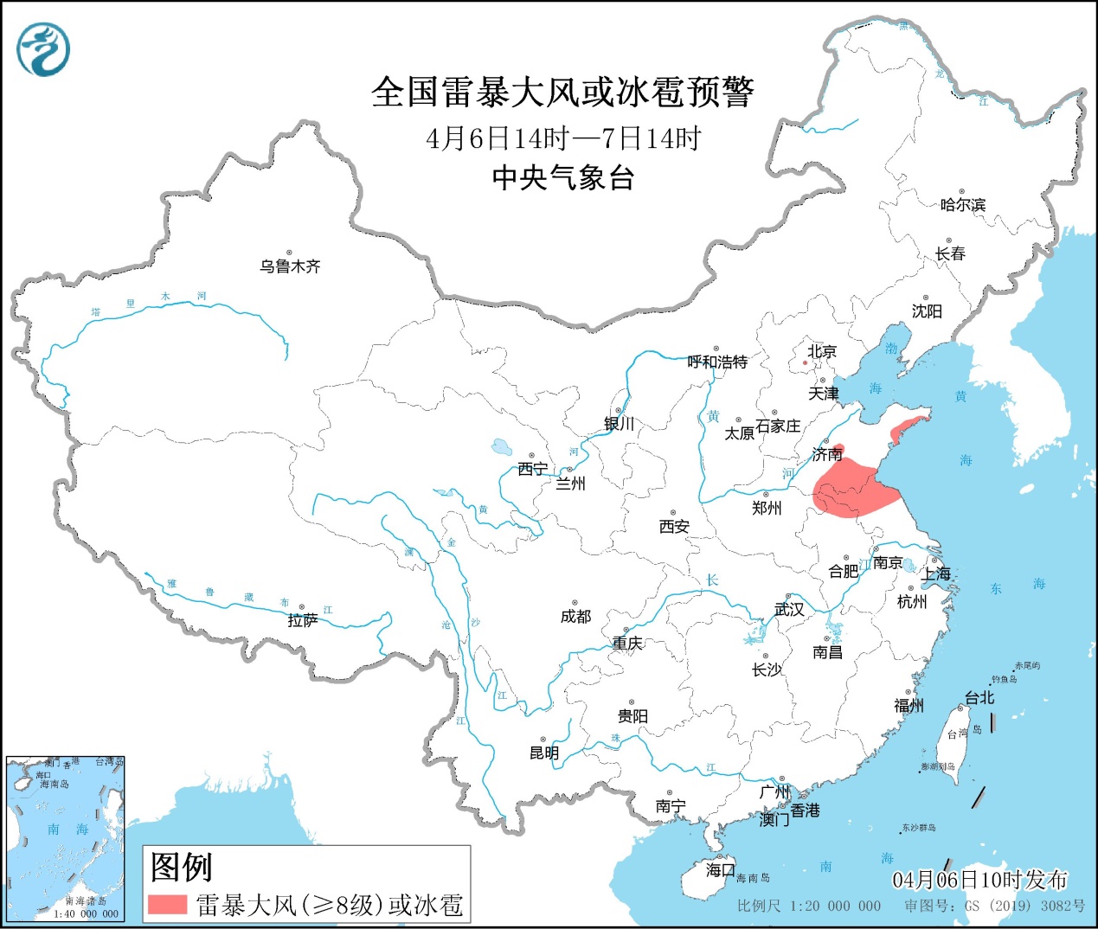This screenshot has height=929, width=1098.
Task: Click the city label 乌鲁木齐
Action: pyautogui.click(x=290, y=266)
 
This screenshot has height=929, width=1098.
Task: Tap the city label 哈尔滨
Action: pyautogui.click(x=962, y=205)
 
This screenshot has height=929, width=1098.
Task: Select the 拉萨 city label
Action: pyautogui.click(x=302, y=620)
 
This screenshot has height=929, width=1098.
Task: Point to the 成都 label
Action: pyautogui.click(x=575, y=616)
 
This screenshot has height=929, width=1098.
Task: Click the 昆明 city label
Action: pyautogui.click(x=544, y=753)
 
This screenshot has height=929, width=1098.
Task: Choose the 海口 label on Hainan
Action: pyautogui.click(x=719, y=869)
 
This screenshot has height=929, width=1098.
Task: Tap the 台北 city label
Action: pyautogui.click(x=979, y=697)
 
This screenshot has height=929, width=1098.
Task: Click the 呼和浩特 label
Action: pyautogui.click(x=716, y=362)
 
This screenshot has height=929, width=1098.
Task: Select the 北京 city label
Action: pyautogui.click(x=821, y=351)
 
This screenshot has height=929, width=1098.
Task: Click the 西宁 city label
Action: pyautogui.click(x=532, y=469)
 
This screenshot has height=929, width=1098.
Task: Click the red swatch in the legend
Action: pyautogui.click(x=167, y=904)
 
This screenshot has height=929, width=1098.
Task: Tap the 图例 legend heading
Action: pyautogui.click(x=181, y=866)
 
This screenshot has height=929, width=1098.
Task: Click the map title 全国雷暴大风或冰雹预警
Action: pyautogui.click(x=562, y=92)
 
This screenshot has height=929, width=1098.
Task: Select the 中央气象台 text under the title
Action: pyautogui.click(x=562, y=177)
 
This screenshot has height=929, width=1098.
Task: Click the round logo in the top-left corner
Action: pyautogui.click(x=42, y=49)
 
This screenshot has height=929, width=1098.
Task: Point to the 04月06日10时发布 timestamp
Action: pyautogui.click(x=979, y=880)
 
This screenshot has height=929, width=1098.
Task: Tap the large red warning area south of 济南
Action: pyautogui.click(x=852, y=489)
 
